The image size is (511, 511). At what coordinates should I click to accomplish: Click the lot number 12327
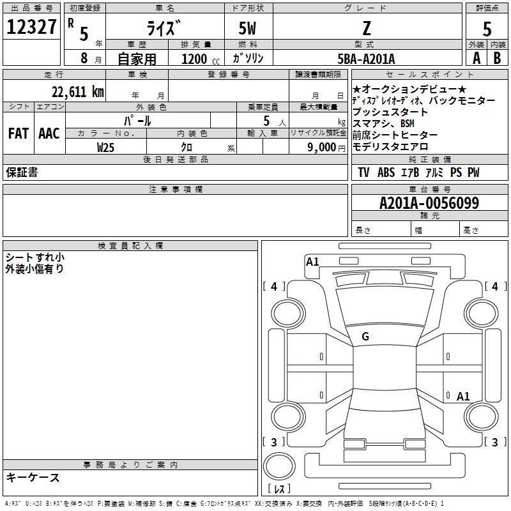(x=31, y=27)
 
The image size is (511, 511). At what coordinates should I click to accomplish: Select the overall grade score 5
(x=487, y=29)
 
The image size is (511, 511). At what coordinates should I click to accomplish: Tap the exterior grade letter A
(x=477, y=58)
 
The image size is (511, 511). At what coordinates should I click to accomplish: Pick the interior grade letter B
(x=497, y=58)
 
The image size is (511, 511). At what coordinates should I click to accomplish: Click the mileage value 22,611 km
(x=77, y=91)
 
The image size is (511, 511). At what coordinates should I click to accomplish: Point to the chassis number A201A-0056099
(x=429, y=203)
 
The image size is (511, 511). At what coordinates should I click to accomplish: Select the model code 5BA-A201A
(x=366, y=59)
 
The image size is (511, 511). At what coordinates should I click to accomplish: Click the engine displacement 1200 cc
(x=201, y=59)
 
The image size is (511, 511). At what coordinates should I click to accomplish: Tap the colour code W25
(x=105, y=148)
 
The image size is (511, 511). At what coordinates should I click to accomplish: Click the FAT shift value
(x=19, y=133)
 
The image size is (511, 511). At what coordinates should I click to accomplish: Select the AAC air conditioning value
(x=49, y=133)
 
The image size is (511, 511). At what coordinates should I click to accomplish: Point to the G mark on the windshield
(x=365, y=337)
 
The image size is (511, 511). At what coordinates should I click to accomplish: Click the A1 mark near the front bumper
(x=312, y=262)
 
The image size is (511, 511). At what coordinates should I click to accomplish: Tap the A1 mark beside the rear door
(x=463, y=396)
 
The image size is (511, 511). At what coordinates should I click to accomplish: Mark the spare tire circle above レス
(x=279, y=466)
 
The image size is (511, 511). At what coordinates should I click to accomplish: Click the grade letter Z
(x=367, y=28)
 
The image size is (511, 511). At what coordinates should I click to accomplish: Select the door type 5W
(x=247, y=28)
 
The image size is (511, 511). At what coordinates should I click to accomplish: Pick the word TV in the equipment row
(x=363, y=172)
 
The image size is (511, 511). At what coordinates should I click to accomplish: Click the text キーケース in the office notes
(x=33, y=477)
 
